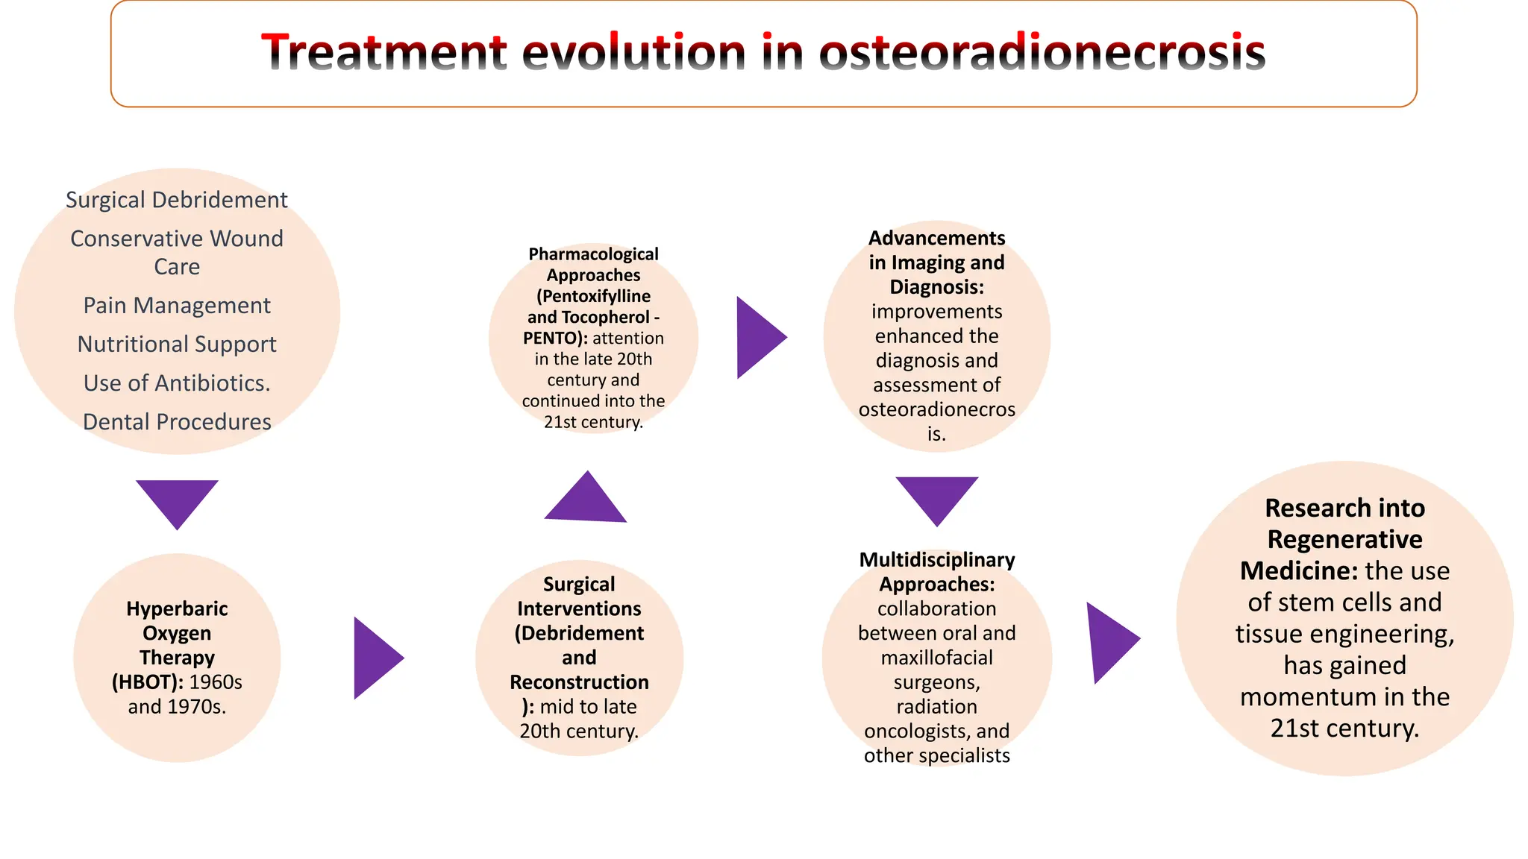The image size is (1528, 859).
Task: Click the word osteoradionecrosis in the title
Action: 1042,53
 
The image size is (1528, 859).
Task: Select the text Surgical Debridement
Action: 177,200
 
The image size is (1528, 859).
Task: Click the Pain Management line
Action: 177,306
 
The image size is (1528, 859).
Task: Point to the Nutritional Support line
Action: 177,344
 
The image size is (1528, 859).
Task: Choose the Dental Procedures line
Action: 177,422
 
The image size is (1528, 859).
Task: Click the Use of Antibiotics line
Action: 177,383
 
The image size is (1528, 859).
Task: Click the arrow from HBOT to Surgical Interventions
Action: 375,658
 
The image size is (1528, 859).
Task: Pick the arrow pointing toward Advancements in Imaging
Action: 757,337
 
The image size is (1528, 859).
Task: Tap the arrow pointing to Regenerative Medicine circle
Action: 1109,641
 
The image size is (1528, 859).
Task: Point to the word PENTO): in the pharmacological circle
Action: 555,339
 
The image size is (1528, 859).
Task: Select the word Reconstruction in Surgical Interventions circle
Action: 579,682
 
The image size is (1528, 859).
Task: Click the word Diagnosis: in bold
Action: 936,287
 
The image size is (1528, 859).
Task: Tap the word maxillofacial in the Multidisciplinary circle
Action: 936,658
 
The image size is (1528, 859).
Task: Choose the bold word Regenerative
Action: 1344,539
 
